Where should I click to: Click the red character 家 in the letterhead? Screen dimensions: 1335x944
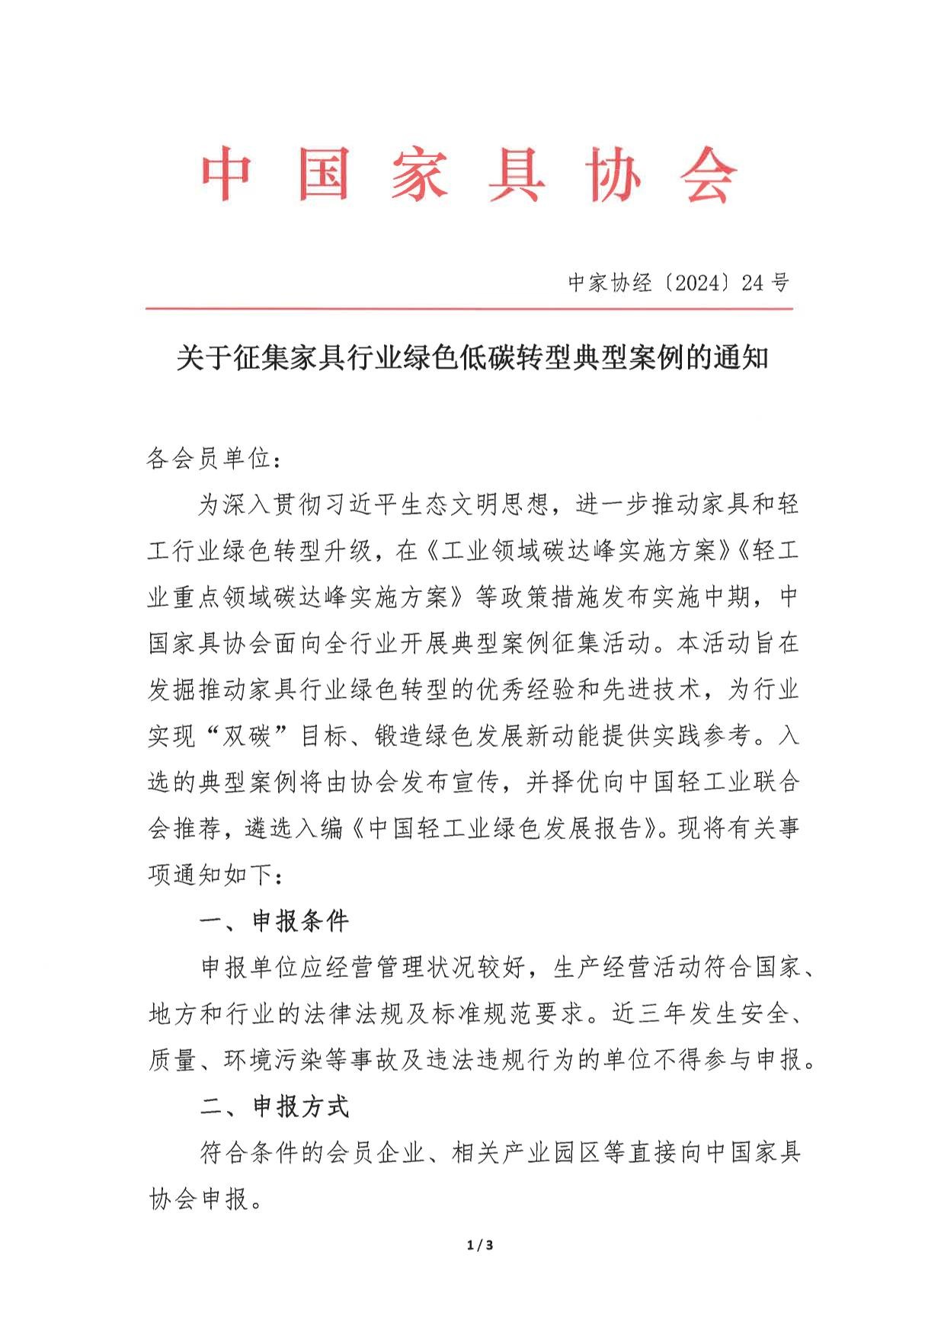[420, 174]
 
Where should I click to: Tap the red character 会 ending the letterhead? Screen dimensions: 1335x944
[708, 174]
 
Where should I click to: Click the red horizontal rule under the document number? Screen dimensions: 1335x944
[469, 309]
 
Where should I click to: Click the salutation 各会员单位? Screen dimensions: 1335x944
[209, 459]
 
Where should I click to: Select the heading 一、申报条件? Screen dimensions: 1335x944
[274, 921]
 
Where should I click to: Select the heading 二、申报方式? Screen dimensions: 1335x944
[274, 1106]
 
